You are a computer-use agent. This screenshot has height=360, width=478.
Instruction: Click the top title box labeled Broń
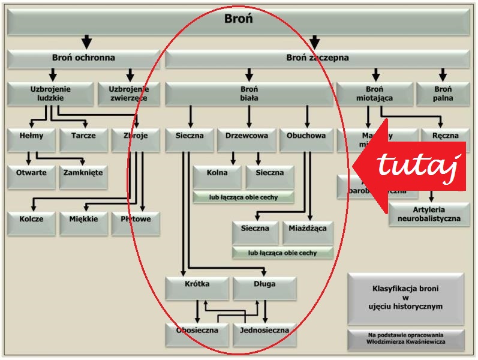click(x=238, y=19)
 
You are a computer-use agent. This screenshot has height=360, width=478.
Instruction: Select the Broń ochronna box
click(x=83, y=59)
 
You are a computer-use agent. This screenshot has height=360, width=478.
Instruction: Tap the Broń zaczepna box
click(x=317, y=59)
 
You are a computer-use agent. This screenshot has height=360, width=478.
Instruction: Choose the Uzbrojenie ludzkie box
click(x=50, y=94)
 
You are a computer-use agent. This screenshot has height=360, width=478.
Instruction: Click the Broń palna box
click(x=443, y=94)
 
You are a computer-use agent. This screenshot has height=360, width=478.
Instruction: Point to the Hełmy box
click(x=32, y=136)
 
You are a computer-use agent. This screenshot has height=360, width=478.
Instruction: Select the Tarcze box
click(x=83, y=136)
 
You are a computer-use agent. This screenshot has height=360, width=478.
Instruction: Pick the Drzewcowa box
click(x=245, y=136)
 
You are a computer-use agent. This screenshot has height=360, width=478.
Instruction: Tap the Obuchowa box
click(x=306, y=136)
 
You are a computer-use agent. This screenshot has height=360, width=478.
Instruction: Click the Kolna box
click(x=217, y=173)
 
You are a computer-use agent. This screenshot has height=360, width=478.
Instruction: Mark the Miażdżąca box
click(x=308, y=229)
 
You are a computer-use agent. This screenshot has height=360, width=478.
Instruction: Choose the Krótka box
click(x=197, y=284)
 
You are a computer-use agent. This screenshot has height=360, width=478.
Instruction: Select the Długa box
click(x=264, y=284)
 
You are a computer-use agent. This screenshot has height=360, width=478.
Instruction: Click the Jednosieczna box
click(x=264, y=331)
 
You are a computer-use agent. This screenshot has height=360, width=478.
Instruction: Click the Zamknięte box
click(x=83, y=173)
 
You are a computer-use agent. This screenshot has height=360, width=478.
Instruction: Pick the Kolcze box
click(x=31, y=220)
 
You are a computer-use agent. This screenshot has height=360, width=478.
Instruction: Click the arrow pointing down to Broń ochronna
click(x=87, y=42)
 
